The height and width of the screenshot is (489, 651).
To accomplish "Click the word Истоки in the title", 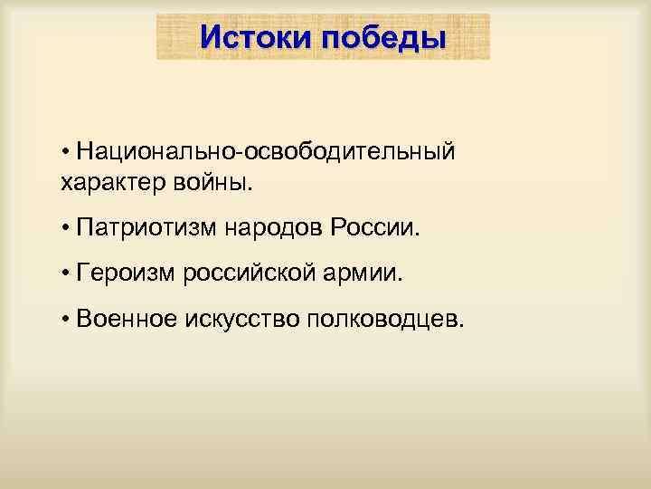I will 256,38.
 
